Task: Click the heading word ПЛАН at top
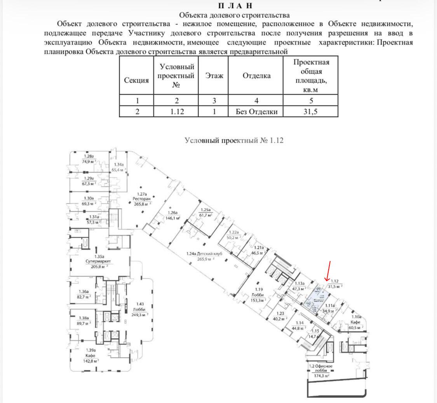[235, 6]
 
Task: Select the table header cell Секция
[136, 81]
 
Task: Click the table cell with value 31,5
[310, 112]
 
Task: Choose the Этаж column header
[214, 76]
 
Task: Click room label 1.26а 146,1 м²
[172, 215]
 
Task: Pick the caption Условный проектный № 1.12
[234, 140]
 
